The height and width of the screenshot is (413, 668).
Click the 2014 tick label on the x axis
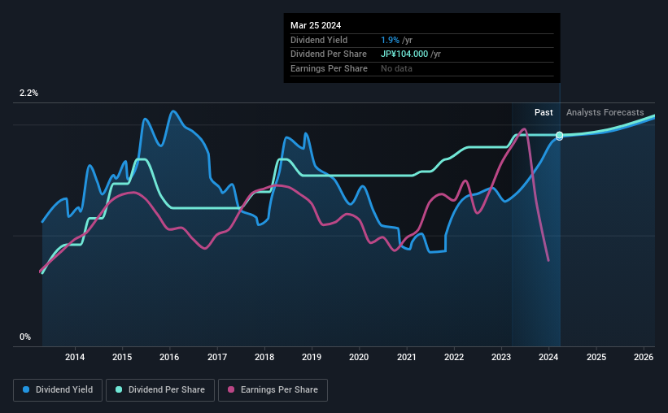point(75,357)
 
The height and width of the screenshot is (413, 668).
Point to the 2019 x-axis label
point(312,357)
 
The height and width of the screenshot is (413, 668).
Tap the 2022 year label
point(454,357)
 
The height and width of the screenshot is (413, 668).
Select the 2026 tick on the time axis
point(644,357)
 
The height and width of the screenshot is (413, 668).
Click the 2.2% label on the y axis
point(28,93)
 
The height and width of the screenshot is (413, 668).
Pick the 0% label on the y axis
point(25,337)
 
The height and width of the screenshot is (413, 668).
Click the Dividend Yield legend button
point(57,390)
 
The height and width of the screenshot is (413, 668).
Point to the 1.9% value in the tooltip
point(389,40)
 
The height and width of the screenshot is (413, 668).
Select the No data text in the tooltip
point(396,68)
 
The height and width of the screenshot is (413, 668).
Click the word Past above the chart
point(544,112)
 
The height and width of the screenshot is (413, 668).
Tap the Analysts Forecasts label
point(605,112)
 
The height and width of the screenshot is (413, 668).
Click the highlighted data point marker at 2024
point(560,136)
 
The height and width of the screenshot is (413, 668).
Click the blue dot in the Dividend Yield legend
point(26,390)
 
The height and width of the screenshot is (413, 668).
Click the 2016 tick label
point(169,357)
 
